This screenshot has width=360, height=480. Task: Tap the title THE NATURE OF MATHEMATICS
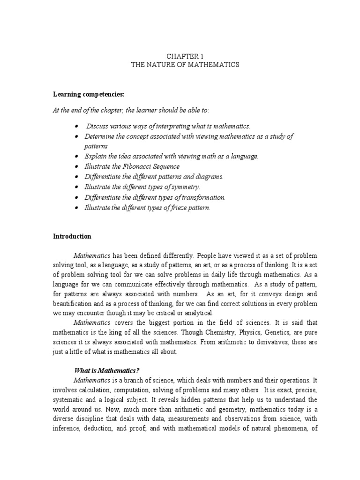(x=185, y=65)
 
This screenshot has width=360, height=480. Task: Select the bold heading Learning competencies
(x=88, y=94)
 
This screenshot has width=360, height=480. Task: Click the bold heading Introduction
(x=72, y=236)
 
